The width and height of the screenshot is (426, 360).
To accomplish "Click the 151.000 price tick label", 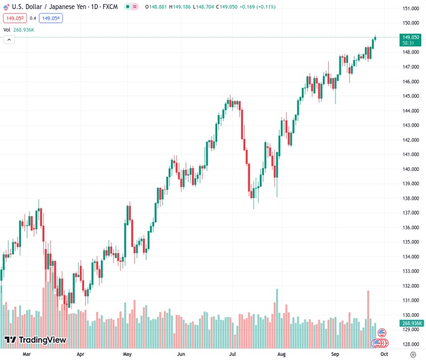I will tap(410, 8).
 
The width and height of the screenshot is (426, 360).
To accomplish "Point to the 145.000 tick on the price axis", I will tap(410, 96).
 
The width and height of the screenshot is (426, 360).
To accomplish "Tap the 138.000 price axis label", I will tap(410, 199).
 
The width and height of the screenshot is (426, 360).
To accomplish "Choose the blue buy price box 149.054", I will tap(50, 18).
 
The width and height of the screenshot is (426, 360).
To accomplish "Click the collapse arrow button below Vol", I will tap(8, 40).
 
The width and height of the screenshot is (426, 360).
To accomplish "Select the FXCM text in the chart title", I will tap(110, 7).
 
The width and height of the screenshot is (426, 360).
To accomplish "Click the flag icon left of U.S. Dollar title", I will tap(7, 7).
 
